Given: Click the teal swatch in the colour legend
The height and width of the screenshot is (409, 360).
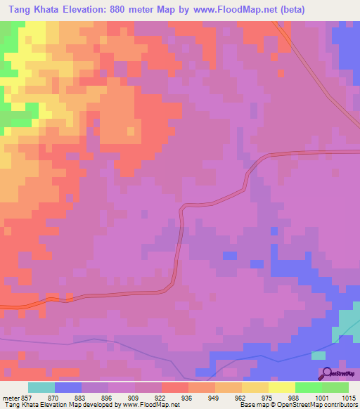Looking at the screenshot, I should pos(41,387).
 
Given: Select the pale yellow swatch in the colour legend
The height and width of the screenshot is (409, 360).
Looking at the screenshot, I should pos(282,387).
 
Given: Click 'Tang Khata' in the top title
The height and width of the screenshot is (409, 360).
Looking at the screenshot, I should pos(30,8).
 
